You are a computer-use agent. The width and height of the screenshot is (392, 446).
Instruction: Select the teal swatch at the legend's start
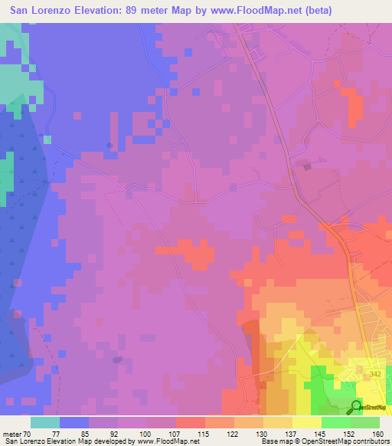(45, 421)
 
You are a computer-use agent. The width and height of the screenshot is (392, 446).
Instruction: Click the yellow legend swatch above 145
(306, 421)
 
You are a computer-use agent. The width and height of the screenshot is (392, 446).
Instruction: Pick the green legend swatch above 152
(335, 421)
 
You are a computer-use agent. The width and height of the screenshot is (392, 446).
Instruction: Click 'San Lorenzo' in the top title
(38, 11)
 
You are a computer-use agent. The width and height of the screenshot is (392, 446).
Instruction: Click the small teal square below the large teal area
(47, 139)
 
